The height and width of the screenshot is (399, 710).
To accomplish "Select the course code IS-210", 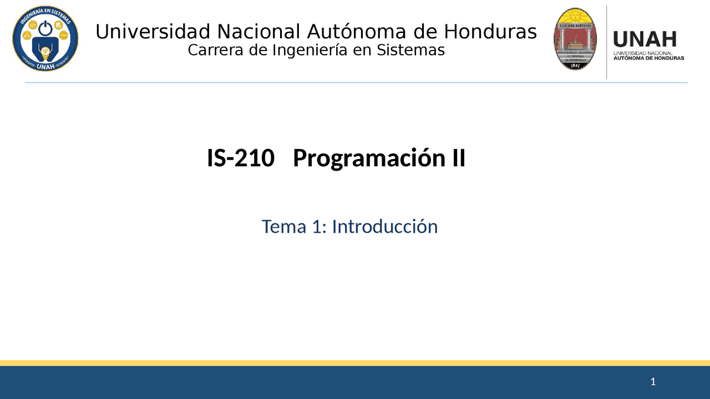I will (x=241, y=158).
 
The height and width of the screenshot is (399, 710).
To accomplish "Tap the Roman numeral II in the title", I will (x=456, y=158).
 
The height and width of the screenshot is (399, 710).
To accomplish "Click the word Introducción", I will (x=384, y=226).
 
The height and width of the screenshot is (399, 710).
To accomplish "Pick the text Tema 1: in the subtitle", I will (x=294, y=226).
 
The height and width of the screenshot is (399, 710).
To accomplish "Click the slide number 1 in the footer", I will (x=653, y=381).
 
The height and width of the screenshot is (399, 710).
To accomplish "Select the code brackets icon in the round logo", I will (x=33, y=25).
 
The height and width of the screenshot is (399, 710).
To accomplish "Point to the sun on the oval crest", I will (x=576, y=15).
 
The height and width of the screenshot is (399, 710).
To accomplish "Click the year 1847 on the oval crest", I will (x=576, y=65).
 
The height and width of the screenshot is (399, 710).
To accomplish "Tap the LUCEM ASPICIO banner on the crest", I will (x=576, y=25).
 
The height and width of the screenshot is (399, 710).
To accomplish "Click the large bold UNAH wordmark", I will (x=645, y=40).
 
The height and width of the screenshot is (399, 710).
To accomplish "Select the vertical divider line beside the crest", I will (x=606, y=42).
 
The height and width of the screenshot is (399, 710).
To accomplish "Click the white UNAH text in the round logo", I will (x=45, y=66).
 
